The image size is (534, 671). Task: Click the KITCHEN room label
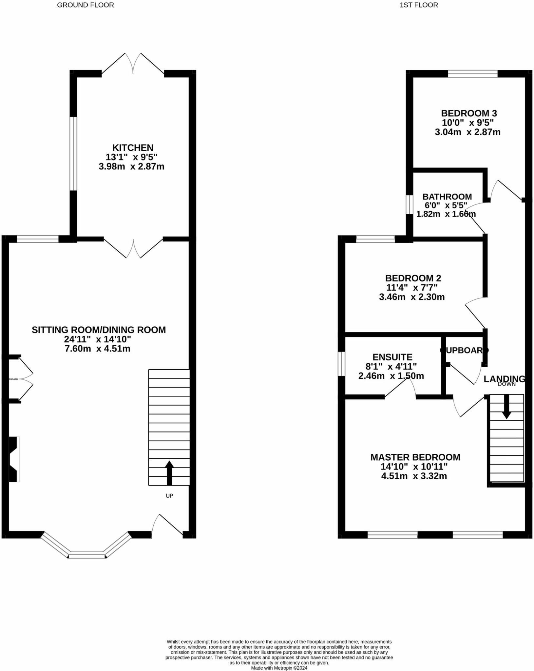[133, 148]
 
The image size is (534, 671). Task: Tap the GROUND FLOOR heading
[86, 5]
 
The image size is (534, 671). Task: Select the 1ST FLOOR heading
[419, 5]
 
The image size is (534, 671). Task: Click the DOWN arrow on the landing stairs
[506, 406]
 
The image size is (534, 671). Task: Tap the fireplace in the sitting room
[14, 459]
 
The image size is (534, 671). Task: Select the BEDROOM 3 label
[469, 113]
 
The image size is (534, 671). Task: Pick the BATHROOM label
[447, 197]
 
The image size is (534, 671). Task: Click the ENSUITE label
[392, 357]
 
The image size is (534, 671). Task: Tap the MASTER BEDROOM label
[415, 457]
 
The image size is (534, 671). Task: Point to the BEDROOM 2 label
[413, 278]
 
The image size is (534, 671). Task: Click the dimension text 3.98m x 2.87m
[131, 167]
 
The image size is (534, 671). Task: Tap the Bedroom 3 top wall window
[472, 74]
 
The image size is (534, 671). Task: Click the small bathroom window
[409, 205]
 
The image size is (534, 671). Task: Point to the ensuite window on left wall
[341, 364]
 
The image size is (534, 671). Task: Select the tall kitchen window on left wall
[73, 153]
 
